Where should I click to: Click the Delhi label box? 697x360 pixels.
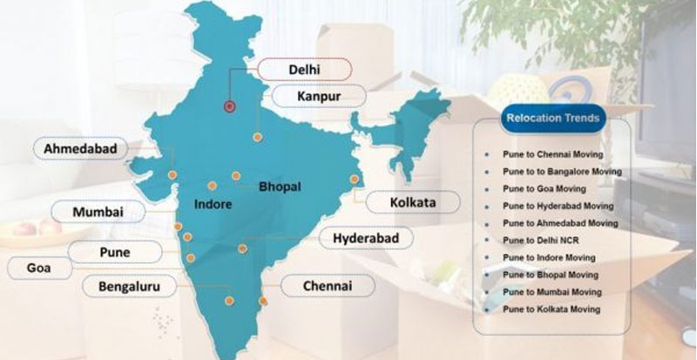(302, 68)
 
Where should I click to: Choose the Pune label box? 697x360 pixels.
(114, 253)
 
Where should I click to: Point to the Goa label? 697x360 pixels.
(38, 268)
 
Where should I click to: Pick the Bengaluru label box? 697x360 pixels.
(131, 285)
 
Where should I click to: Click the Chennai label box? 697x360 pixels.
(327, 285)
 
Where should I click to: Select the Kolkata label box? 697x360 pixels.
(412, 203)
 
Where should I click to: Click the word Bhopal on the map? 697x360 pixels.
(280, 187)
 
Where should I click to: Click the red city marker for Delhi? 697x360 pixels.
(230, 106)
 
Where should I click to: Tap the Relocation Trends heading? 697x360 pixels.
(546, 117)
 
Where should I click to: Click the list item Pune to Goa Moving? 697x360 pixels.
(544, 188)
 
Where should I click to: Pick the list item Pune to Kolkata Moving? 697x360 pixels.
(551, 309)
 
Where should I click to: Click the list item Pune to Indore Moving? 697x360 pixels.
(549, 257)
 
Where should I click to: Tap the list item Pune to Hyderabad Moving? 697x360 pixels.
(558, 206)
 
